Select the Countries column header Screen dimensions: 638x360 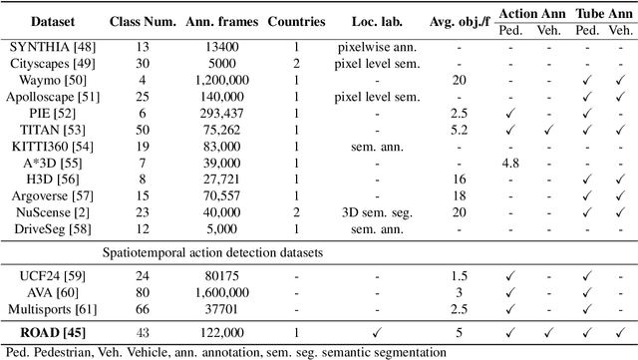pos(295,19)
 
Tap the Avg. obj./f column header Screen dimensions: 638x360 pos(459,19)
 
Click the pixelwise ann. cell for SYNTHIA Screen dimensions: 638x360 pos(376,45)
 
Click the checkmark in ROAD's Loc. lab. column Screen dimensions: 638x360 pos(376,332)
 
